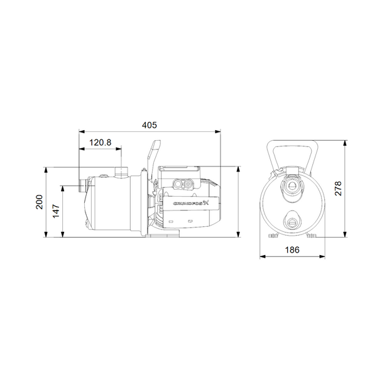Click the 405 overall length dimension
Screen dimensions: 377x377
(150, 126)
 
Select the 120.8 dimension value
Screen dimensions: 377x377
(100, 143)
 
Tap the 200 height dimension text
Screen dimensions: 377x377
(39, 202)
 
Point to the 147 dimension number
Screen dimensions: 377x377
(56, 211)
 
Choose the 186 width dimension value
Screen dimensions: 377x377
(293, 249)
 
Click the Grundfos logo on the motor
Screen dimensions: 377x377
(192, 203)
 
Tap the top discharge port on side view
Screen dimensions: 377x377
(121, 170)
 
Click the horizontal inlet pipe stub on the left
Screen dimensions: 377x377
(83, 186)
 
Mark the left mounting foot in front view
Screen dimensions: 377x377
(273, 236)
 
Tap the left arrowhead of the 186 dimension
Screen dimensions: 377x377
(263, 256)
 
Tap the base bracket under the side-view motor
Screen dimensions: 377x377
(164, 235)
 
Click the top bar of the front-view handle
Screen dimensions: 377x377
(293, 142)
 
